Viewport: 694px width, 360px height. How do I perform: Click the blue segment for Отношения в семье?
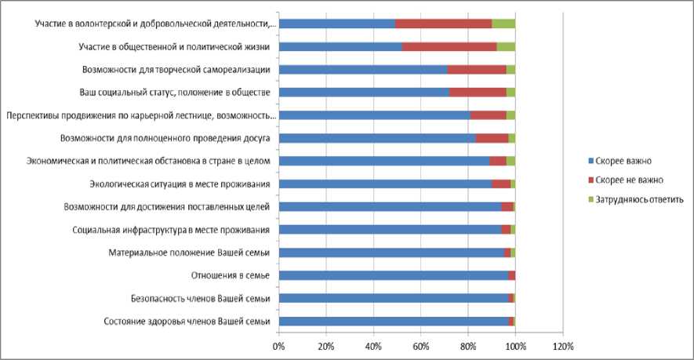point(392,276)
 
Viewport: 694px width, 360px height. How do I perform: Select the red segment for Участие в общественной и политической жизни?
point(449,47)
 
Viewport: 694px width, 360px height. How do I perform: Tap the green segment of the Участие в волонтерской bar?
point(503,24)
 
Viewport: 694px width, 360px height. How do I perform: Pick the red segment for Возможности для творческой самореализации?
point(476,70)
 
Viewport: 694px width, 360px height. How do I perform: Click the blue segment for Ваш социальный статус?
point(364,93)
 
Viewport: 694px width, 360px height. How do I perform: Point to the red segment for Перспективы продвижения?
point(488,116)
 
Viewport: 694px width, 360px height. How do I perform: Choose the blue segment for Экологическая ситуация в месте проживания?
point(385,184)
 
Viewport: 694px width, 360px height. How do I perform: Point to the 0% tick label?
point(278,346)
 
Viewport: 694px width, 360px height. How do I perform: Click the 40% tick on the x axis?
point(373,346)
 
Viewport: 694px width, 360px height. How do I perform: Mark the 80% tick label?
point(468,346)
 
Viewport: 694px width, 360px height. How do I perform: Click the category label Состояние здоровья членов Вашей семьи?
point(187,322)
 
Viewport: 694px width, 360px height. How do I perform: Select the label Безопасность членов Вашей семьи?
point(201,299)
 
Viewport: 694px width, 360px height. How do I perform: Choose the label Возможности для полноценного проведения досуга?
point(165,139)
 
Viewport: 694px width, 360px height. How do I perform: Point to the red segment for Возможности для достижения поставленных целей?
point(507,207)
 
